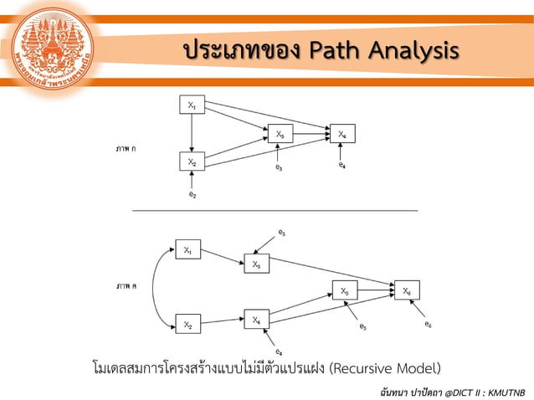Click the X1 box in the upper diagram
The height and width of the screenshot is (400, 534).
(192, 105)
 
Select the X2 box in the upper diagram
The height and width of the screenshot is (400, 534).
(192, 162)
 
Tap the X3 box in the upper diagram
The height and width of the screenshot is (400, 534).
(280, 134)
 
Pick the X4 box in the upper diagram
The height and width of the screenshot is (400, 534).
(342, 134)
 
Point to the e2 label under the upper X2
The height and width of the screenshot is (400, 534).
(193, 195)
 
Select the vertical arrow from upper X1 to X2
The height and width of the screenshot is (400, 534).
(192, 133)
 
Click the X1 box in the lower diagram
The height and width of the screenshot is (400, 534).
(187, 249)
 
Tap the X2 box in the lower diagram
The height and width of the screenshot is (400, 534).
(187, 324)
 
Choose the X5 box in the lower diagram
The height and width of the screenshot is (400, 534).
(344, 290)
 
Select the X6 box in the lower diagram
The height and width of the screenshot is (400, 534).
(407, 290)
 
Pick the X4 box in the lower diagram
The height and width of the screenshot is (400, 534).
(256, 319)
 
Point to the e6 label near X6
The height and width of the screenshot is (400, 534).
(428, 323)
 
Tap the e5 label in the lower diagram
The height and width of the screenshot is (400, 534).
(362, 326)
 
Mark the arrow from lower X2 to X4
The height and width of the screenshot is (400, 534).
(221, 321)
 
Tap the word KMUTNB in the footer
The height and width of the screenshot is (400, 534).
(504, 391)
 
